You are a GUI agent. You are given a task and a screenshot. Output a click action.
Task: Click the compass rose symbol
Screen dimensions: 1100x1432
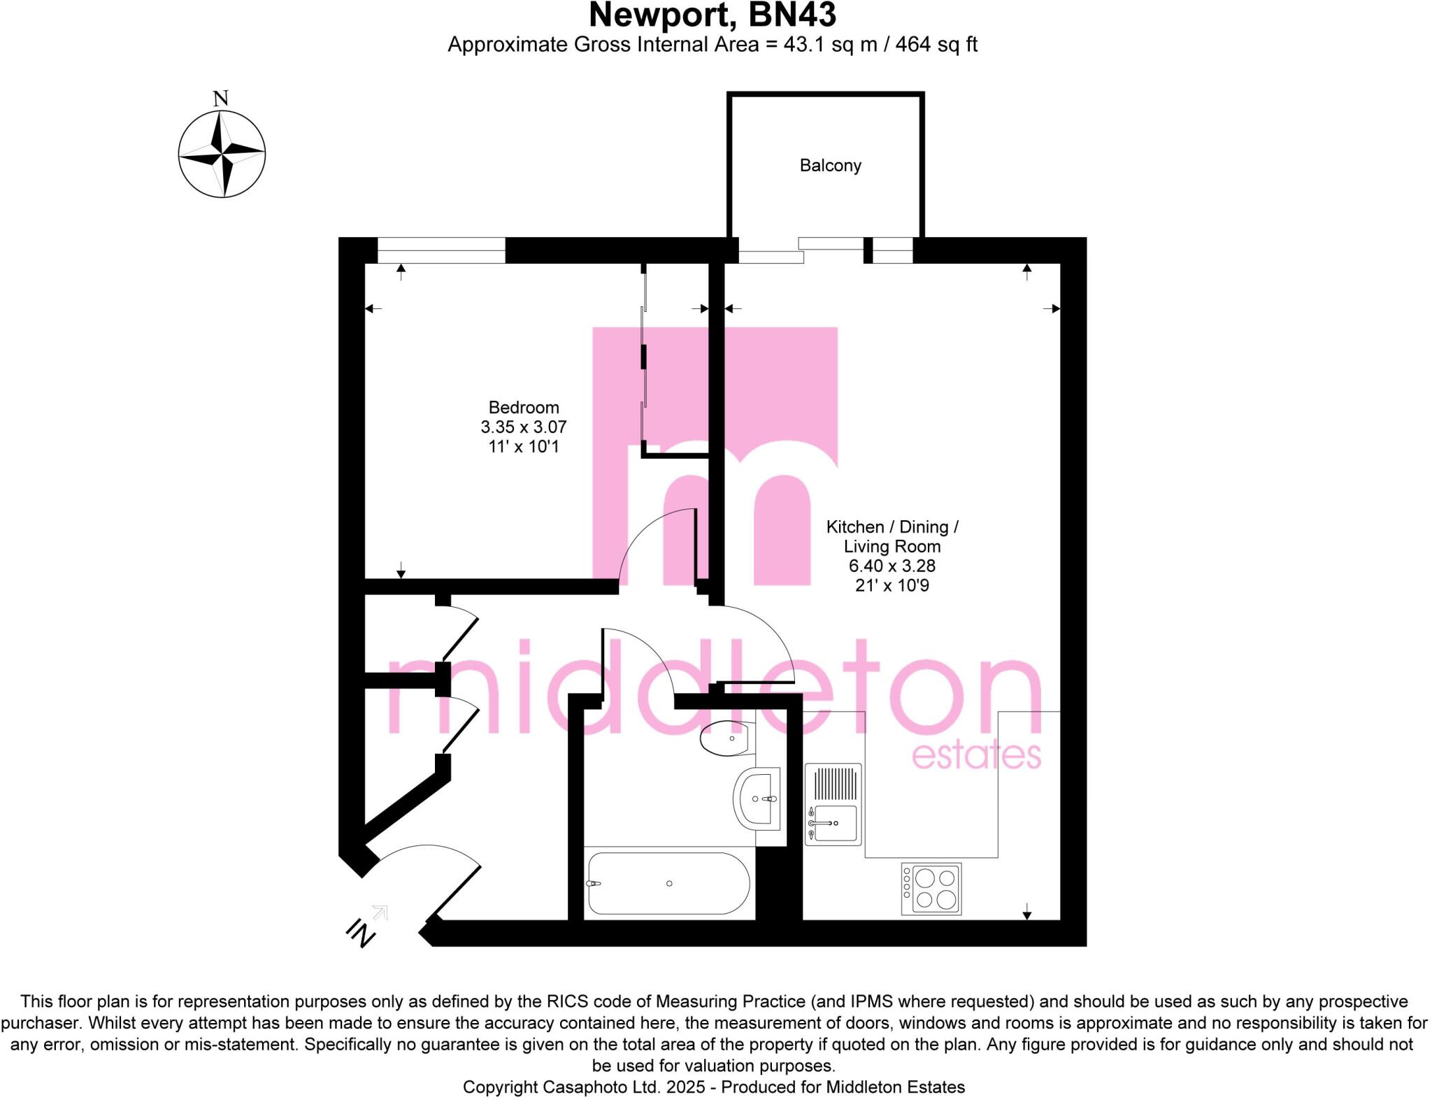[222, 154]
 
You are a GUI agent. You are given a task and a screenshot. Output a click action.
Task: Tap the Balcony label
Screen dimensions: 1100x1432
[830, 166]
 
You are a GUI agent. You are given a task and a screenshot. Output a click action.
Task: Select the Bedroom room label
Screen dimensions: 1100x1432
[524, 408]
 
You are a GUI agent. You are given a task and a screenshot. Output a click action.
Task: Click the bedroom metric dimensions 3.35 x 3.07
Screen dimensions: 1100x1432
[524, 427]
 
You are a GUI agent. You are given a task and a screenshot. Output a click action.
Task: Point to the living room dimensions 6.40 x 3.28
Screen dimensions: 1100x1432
[892, 566]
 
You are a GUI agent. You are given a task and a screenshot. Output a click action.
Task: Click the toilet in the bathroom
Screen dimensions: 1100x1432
[726, 738]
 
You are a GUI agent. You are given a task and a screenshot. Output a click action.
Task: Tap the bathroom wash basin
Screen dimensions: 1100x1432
[757, 799]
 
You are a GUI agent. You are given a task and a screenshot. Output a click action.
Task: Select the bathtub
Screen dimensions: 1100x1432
[668, 884]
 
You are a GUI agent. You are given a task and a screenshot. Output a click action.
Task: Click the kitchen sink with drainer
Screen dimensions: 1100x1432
[833, 804]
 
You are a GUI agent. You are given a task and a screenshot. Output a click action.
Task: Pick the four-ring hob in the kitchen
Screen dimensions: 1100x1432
[931, 889]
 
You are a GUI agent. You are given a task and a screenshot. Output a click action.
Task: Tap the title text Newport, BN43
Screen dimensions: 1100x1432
[713, 15]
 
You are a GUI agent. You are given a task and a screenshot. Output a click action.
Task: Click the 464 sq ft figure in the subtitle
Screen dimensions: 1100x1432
[936, 45]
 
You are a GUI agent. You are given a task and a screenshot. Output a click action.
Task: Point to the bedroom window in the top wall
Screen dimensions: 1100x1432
[441, 250]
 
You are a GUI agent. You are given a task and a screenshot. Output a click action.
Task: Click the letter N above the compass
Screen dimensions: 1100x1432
[221, 99]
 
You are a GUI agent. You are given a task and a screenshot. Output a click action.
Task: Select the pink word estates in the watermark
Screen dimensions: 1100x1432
[976, 757]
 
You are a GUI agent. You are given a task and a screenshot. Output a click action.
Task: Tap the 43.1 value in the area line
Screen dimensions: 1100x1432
[801, 45]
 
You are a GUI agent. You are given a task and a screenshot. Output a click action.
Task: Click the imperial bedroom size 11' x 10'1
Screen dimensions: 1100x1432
[524, 447]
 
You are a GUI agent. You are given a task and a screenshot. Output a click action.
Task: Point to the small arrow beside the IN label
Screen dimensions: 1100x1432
[380, 912]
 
